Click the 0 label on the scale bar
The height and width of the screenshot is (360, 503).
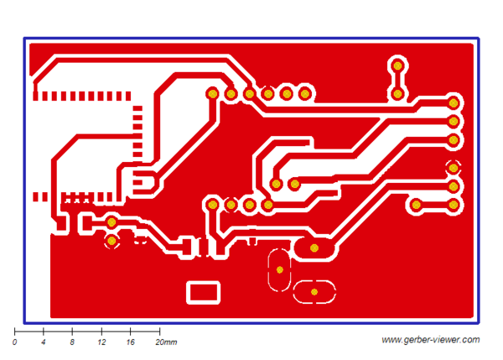(15, 343)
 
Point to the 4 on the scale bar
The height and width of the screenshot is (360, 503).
(44, 343)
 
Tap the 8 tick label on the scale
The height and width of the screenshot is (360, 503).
(73, 343)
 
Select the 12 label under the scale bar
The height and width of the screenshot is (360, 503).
(101, 343)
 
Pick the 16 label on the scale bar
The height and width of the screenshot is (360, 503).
(131, 343)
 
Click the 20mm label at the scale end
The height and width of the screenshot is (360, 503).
(167, 343)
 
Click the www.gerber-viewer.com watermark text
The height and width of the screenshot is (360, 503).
(430, 340)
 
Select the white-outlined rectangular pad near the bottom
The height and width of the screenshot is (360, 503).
(203, 292)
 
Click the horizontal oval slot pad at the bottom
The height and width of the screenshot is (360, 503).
(314, 291)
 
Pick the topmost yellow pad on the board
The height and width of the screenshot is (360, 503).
(397, 65)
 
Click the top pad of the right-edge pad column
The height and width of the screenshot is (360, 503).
(454, 102)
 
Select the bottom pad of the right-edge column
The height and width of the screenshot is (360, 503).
(454, 204)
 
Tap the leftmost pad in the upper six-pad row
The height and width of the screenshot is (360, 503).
(213, 93)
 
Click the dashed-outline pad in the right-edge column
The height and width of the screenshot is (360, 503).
(454, 166)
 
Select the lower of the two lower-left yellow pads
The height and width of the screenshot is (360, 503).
(111, 242)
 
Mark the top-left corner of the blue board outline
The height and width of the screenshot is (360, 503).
(25, 39)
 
